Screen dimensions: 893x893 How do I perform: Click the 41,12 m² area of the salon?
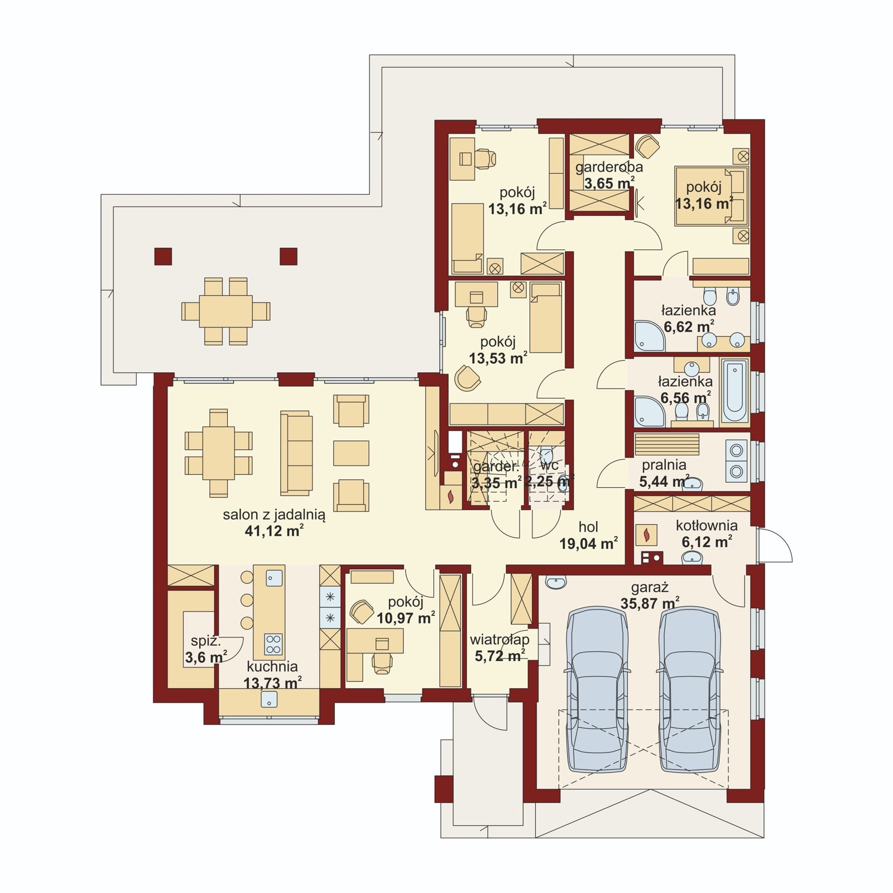[x=274, y=531]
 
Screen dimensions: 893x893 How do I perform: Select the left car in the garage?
[x=597, y=690]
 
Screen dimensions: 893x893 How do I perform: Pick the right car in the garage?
[x=689, y=690]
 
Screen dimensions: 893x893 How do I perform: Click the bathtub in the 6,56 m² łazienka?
[x=734, y=391]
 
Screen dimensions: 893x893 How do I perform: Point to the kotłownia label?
[x=707, y=525]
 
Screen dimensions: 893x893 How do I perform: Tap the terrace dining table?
[x=226, y=311]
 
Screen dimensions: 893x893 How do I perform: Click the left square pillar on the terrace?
[x=163, y=256]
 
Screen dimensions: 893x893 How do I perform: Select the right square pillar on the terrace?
[x=289, y=256]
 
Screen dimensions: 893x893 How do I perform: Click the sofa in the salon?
[x=296, y=453]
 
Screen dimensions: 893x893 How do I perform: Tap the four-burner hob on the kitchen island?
[x=273, y=644]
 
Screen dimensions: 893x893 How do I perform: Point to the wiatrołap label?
[x=500, y=640]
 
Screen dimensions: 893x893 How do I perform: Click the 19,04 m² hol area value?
[x=589, y=544]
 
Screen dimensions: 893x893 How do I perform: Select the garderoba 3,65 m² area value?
[x=609, y=183]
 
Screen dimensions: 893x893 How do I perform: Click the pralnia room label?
[x=664, y=465]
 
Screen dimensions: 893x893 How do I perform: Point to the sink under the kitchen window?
[x=269, y=699]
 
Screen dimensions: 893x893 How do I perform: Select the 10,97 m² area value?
[x=406, y=618]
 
